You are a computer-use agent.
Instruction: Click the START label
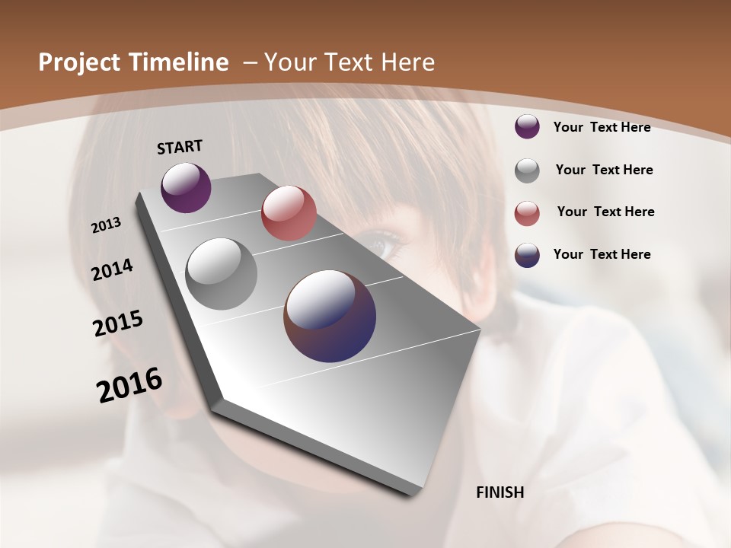click(x=180, y=147)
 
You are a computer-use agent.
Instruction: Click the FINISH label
click(x=500, y=492)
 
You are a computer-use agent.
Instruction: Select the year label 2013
click(x=107, y=225)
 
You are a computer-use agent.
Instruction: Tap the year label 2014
click(x=113, y=270)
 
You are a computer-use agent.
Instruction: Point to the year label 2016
click(x=129, y=385)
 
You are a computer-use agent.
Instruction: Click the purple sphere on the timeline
click(x=186, y=187)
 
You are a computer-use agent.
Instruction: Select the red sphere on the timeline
click(x=289, y=213)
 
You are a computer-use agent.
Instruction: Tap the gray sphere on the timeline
click(x=221, y=274)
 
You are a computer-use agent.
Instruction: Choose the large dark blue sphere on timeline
click(x=330, y=316)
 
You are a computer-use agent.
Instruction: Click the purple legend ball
click(x=527, y=127)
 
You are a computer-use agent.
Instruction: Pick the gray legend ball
click(x=527, y=170)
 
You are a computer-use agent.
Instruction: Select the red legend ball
click(x=527, y=213)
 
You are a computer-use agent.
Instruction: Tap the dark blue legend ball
click(x=527, y=255)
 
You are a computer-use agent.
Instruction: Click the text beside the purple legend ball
click(x=602, y=127)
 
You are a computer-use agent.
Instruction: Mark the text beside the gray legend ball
click(x=604, y=170)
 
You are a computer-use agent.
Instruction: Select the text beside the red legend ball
click(x=605, y=212)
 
